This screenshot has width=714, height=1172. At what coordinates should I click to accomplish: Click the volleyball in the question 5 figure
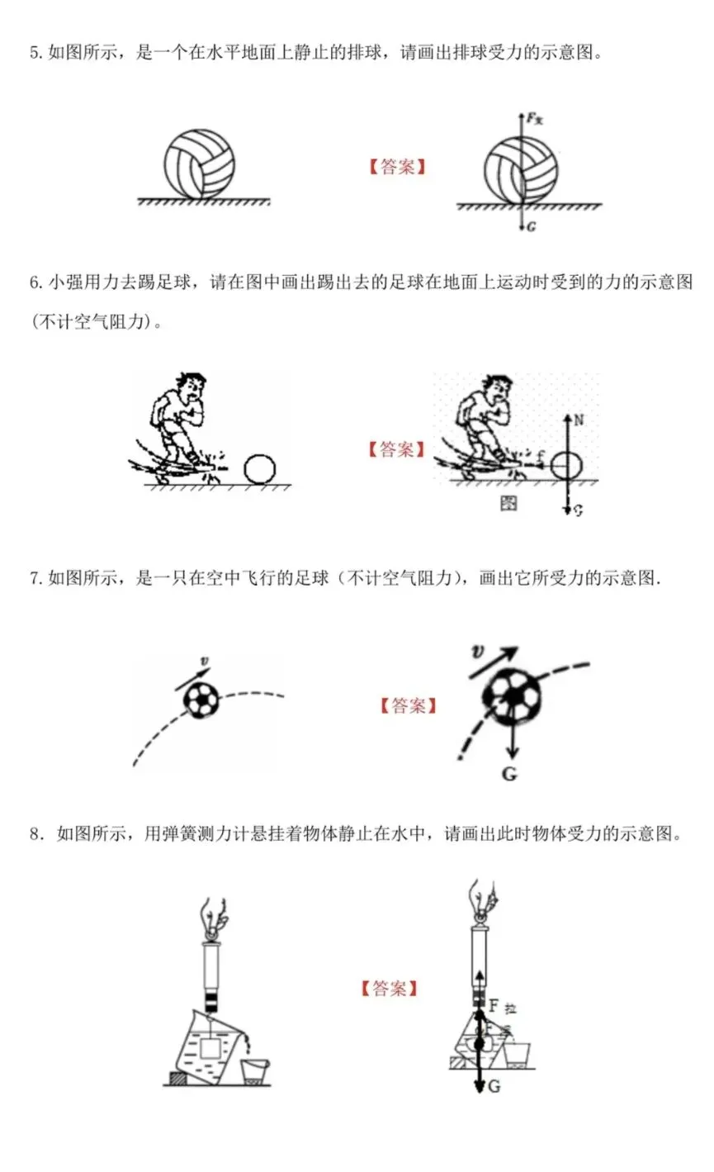point(199,160)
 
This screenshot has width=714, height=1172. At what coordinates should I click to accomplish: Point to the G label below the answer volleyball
point(531,227)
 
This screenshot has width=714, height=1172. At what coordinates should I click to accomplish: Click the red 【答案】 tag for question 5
point(397,168)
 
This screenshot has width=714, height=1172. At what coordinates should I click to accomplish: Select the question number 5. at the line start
point(35,55)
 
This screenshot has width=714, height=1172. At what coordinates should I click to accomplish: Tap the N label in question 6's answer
point(579,420)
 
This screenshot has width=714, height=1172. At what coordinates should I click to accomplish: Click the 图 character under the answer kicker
point(509,502)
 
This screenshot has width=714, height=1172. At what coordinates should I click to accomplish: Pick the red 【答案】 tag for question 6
point(397,450)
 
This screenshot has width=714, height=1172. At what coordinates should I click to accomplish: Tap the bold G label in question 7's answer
point(508,776)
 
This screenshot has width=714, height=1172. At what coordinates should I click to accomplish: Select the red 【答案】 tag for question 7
point(409,706)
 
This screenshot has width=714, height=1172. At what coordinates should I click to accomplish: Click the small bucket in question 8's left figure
point(254,1070)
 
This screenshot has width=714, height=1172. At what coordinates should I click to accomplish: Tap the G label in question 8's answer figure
point(494,1087)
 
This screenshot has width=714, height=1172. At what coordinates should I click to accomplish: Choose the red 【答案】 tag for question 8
point(389,989)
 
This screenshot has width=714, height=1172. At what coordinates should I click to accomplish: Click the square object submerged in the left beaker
point(210,1047)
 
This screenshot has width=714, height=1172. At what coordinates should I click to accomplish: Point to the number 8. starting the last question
point(35,834)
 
